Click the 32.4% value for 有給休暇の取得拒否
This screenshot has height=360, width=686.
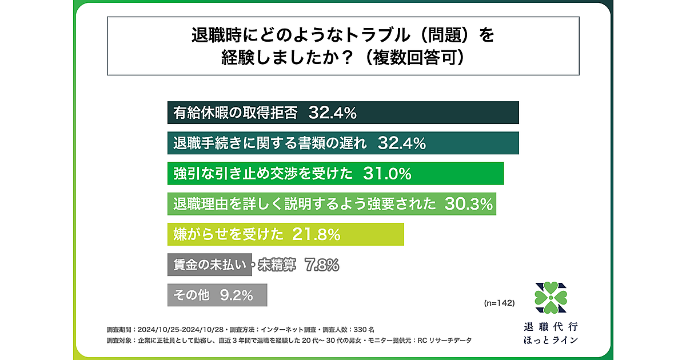click(x=332, y=113)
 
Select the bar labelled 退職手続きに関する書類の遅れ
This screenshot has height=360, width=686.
click(x=343, y=143)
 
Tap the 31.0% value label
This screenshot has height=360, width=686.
click(x=387, y=174)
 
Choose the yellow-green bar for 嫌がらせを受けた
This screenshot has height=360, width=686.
click(x=286, y=234)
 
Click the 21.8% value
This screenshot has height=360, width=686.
click(x=316, y=234)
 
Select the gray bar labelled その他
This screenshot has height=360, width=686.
click(x=217, y=295)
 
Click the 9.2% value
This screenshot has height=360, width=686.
click(x=236, y=295)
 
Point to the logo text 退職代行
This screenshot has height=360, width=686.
click(x=551, y=327)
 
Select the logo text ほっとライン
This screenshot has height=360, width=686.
click(x=551, y=341)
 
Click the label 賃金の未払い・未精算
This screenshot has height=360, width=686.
click(x=234, y=265)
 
